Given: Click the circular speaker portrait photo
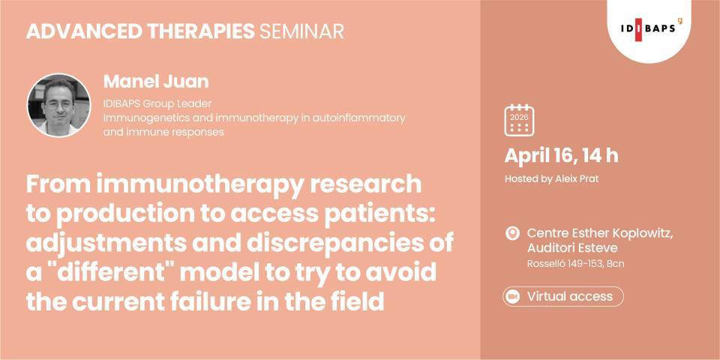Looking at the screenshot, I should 58,105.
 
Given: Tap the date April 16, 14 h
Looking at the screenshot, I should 561,156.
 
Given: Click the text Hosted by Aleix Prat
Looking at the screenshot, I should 553,179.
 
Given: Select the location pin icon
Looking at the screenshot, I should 513,233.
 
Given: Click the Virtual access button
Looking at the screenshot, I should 562,296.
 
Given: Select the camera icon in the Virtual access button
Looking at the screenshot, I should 514,296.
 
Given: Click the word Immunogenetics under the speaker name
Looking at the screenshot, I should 140,118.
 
